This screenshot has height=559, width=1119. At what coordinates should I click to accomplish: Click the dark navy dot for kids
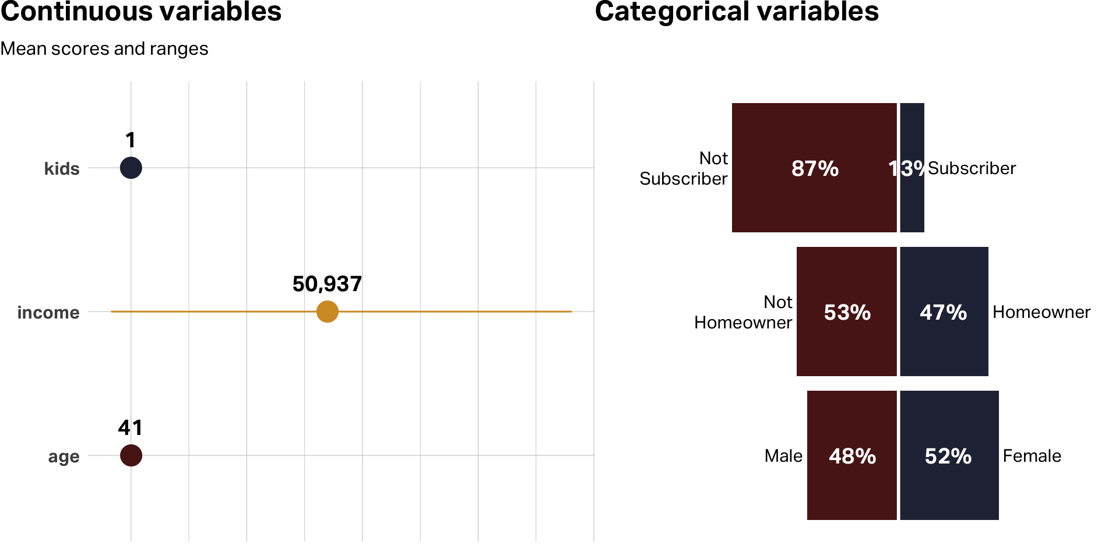[x=131, y=168]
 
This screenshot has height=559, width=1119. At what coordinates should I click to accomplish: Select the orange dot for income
[x=328, y=312]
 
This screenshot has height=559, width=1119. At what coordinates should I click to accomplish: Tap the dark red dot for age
[x=131, y=455]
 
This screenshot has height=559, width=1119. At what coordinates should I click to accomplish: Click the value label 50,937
[x=327, y=284]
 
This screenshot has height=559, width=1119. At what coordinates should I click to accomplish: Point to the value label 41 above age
[x=130, y=428]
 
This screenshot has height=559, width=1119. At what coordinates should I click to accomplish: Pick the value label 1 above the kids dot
[x=131, y=140]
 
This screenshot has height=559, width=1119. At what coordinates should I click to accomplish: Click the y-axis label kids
[x=62, y=169]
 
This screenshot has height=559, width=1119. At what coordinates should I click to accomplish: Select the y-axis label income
[x=48, y=313]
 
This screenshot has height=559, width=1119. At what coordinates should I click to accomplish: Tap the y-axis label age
[x=64, y=457]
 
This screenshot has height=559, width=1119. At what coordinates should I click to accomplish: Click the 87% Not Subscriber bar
[x=814, y=198]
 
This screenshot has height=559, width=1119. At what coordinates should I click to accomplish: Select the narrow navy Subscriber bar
[x=913, y=204]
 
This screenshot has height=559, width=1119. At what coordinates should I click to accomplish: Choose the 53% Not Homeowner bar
[x=846, y=344]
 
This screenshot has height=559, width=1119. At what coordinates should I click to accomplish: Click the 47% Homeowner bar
[x=944, y=344]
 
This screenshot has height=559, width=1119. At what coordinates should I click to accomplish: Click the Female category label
[x=1032, y=456]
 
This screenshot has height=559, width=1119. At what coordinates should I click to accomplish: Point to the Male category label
[x=783, y=456]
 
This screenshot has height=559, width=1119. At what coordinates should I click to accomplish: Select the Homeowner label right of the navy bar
[x=1041, y=312]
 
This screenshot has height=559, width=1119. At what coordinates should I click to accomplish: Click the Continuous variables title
[x=141, y=12]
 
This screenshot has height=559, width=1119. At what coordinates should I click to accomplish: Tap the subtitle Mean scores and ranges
[x=104, y=49]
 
